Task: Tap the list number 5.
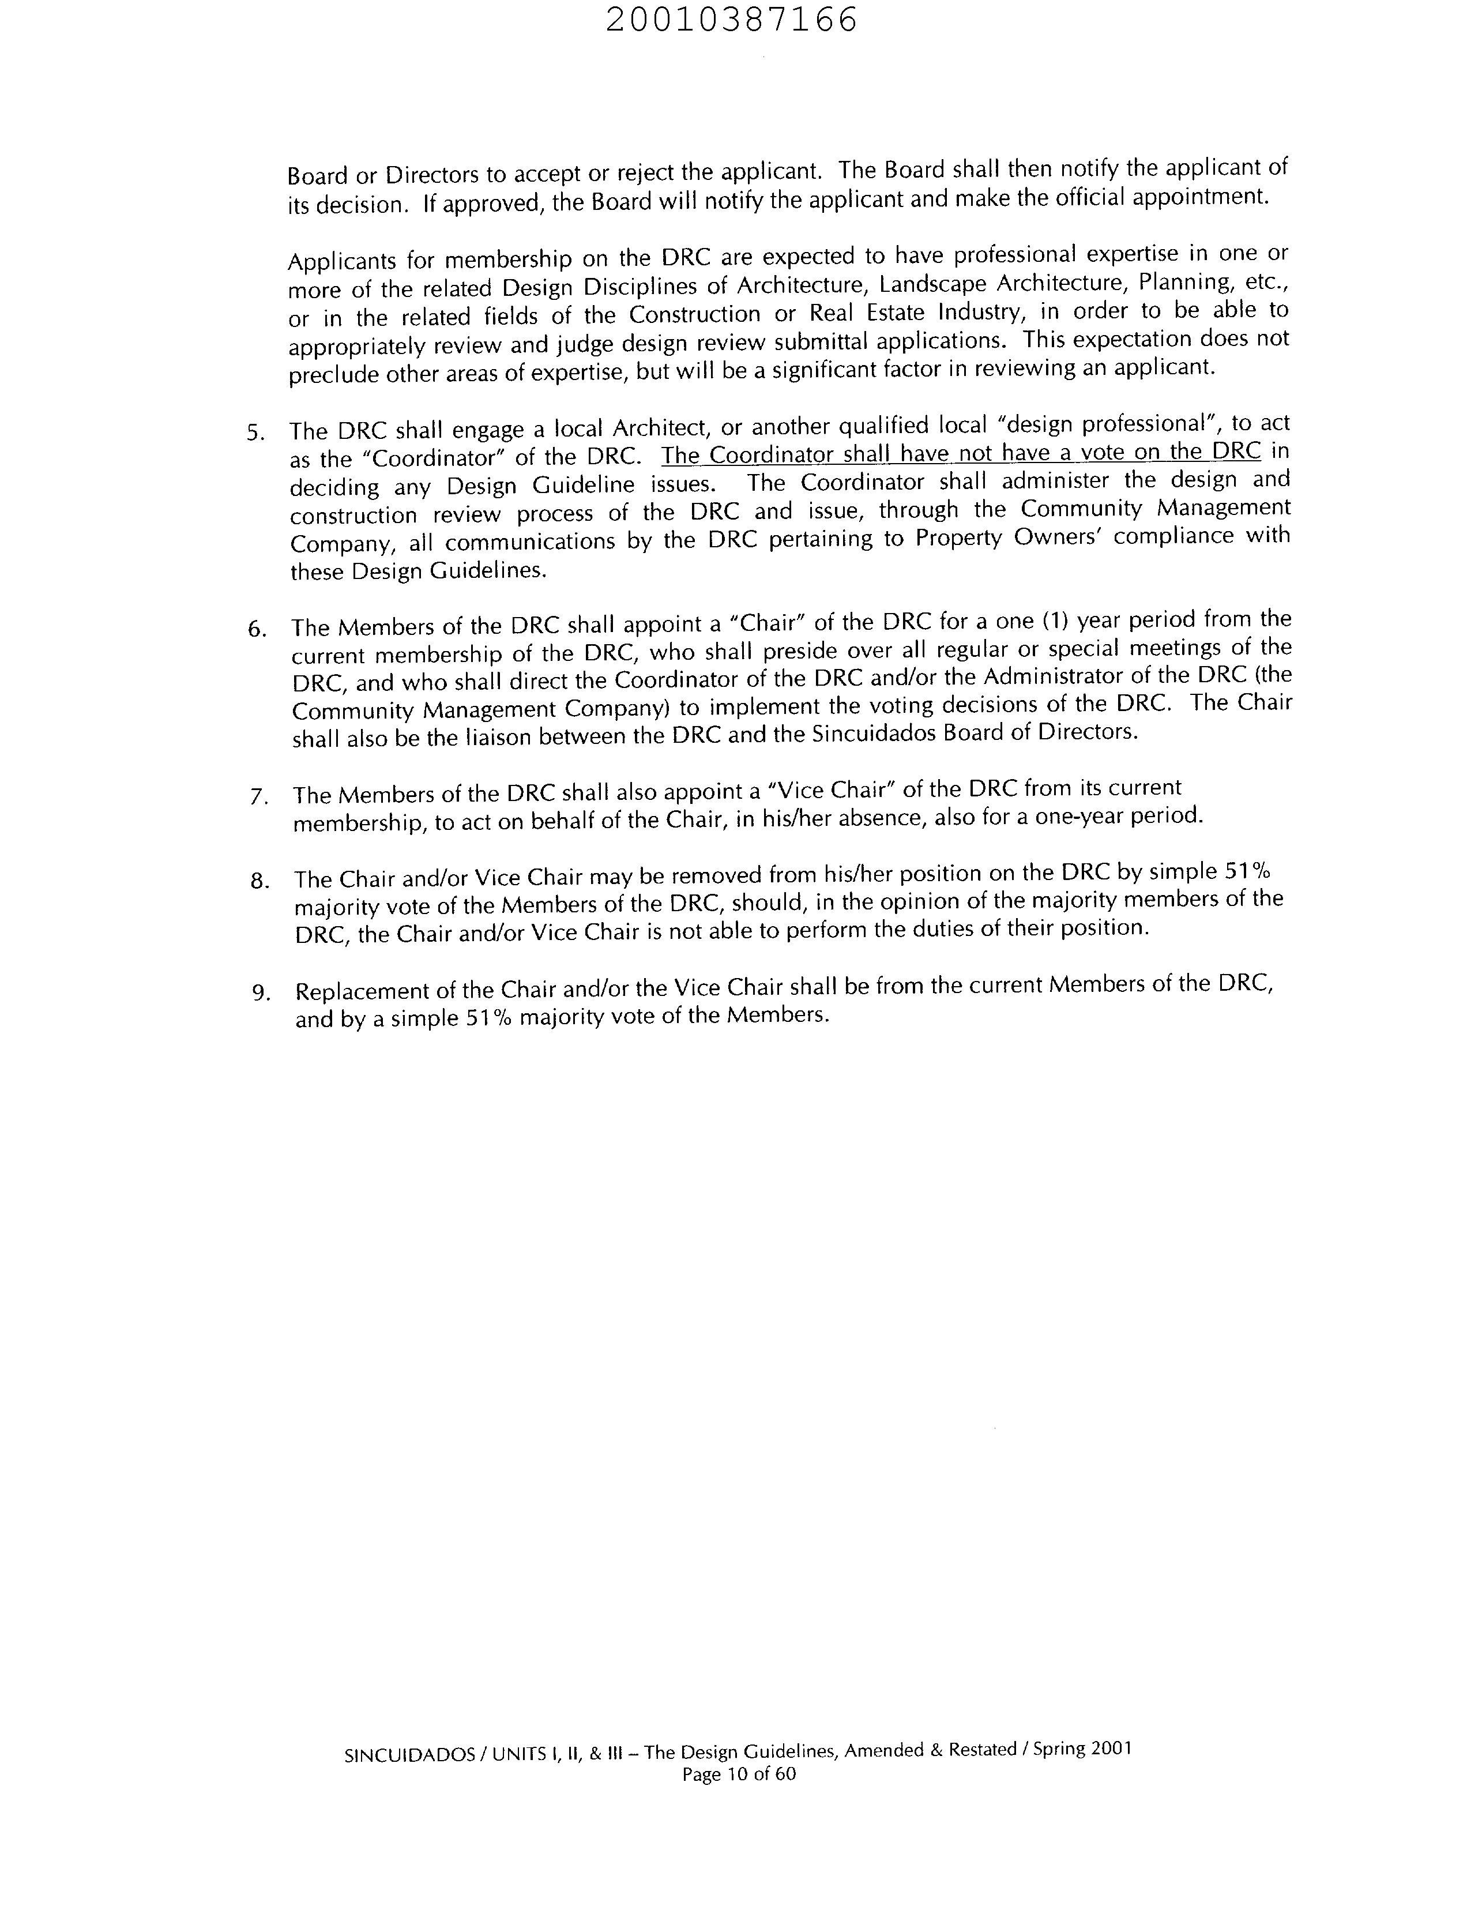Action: coord(254,433)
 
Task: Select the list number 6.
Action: coord(256,629)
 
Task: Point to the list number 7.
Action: coord(258,796)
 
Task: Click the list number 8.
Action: coord(259,881)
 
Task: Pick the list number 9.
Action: coord(259,993)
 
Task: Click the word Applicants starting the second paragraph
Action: coord(341,260)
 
